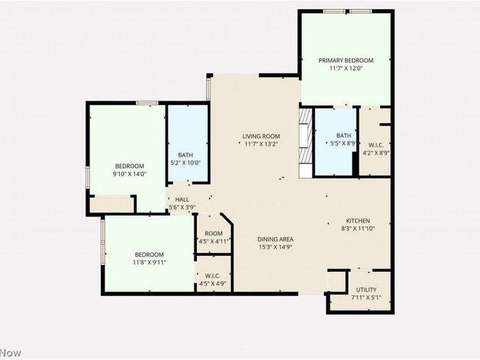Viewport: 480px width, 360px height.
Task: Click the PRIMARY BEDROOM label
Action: [346, 61]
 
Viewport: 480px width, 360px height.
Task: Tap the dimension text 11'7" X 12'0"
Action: [346, 68]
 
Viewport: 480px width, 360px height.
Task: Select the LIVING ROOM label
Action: [260, 136]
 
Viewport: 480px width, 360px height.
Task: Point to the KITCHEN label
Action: [358, 221]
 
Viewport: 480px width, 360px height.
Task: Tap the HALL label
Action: [182, 200]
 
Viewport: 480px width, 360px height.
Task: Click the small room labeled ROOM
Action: [214, 234]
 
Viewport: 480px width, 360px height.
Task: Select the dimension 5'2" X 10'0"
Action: [185, 163]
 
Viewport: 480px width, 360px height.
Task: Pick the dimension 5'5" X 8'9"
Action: [344, 143]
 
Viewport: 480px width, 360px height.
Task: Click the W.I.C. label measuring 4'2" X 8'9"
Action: [376, 145]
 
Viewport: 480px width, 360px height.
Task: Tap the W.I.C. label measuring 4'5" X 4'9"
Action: [214, 276]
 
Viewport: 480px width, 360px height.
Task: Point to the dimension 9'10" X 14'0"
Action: [130, 174]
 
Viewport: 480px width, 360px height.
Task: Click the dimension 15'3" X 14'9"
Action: [275, 247]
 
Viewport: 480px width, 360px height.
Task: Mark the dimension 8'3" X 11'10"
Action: [358, 228]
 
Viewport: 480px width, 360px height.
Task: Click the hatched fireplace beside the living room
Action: [306, 142]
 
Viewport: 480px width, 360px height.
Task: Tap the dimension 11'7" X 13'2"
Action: [260, 144]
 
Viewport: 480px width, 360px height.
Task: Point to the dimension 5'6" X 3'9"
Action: [182, 208]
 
